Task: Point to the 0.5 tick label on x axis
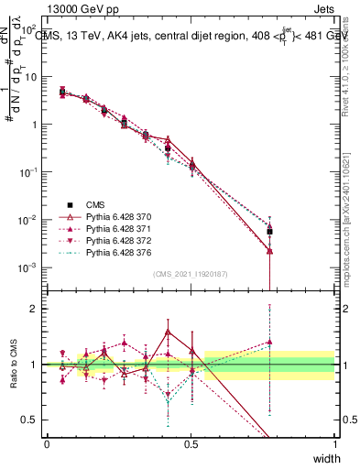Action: [x=191, y=443]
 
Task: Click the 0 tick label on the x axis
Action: [x=47, y=443]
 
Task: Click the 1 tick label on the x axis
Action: [x=334, y=443]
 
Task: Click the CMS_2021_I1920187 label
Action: [x=191, y=274]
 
